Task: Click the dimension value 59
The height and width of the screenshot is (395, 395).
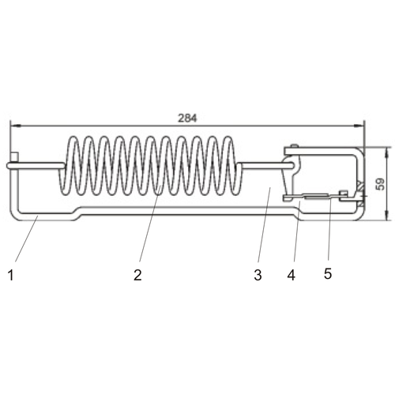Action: click(x=380, y=183)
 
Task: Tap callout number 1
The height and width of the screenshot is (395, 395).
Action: click(x=11, y=275)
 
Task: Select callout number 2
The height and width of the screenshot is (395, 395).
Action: click(x=137, y=275)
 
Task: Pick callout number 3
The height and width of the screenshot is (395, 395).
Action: click(x=258, y=275)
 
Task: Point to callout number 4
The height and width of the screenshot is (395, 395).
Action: click(x=292, y=275)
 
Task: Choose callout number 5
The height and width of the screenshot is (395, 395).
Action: click(x=328, y=274)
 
